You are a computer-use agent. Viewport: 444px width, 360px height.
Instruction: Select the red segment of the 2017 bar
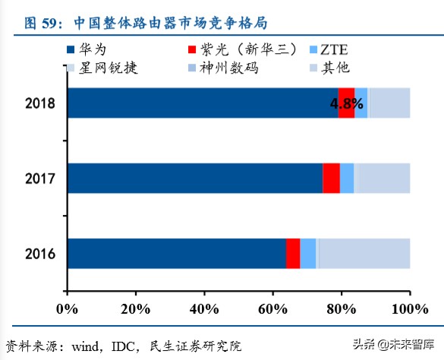331,178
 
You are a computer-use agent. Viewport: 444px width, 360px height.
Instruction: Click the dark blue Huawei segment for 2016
177,253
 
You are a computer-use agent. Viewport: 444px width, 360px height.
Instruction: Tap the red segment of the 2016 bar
293,253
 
